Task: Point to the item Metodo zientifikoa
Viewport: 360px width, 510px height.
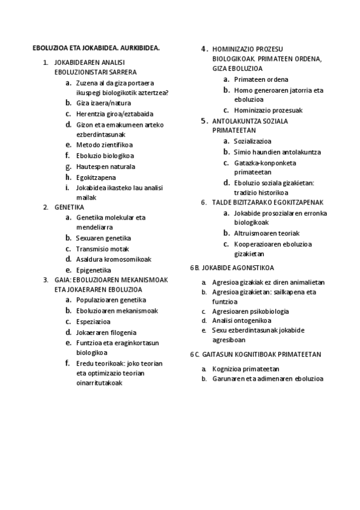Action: coord(105,145)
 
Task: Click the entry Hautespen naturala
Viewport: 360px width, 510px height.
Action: coord(105,167)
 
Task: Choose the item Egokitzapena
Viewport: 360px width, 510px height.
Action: coord(96,177)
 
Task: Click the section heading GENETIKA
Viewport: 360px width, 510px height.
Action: coord(69,207)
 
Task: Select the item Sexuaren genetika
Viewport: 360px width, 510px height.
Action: coord(103,238)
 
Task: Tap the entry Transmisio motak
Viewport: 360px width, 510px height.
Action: coord(102,249)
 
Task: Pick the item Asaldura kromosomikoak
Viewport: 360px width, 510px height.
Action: coord(114,259)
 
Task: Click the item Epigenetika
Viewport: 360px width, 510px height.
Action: coord(94,270)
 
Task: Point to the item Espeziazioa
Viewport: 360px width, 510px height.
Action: coord(94,321)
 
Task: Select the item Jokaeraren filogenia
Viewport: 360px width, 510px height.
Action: coord(106,332)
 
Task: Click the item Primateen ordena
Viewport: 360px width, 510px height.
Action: coord(261,79)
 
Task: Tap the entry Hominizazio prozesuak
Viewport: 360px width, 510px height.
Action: coord(268,110)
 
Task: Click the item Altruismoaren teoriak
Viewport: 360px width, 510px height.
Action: coord(267,233)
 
